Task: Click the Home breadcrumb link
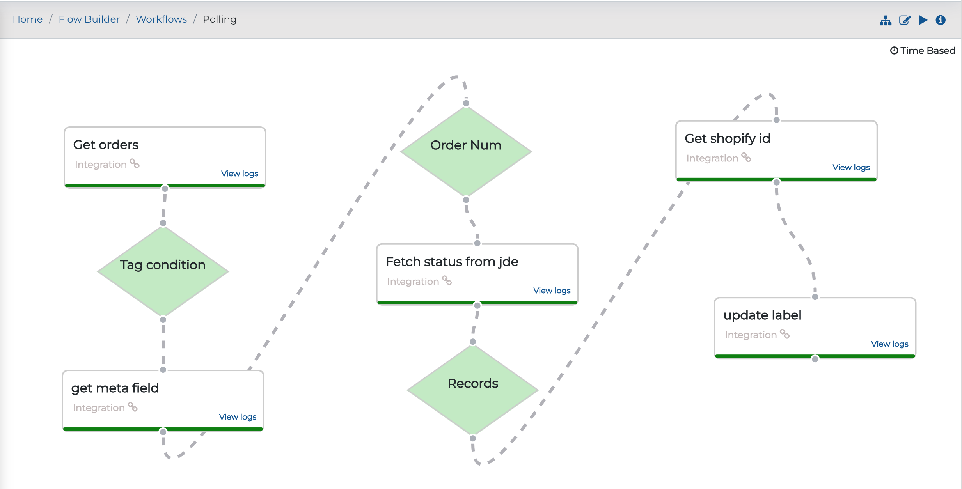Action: pyautogui.click(x=28, y=19)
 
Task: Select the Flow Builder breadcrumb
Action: pyautogui.click(x=89, y=19)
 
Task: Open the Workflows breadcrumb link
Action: pyautogui.click(x=162, y=19)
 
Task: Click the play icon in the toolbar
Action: pyautogui.click(x=923, y=20)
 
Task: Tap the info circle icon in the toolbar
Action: pyautogui.click(x=941, y=20)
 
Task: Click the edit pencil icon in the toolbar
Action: pyautogui.click(x=905, y=20)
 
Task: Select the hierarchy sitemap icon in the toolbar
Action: pyautogui.click(x=886, y=20)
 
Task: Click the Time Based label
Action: pyautogui.click(x=923, y=51)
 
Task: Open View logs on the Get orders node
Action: pyautogui.click(x=240, y=174)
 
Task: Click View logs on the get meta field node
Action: pyautogui.click(x=238, y=417)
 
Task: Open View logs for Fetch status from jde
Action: pyautogui.click(x=552, y=291)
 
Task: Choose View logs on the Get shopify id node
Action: pyautogui.click(x=851, y=167)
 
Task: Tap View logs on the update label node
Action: pyautogui.click(x=890, y=344)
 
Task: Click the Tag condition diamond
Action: pyautogui.click(x=163, y=271)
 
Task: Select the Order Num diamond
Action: pyautogui.click(x=466, y=151)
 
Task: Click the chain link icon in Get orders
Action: pyautogui.click(x=135, y=163)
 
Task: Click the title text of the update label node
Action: pyautogui.click(x=762, y=315)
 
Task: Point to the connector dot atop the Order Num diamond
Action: pyautogui.click(x=466, y=103)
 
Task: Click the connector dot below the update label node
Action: pyautogui.click(x=815, y=359)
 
